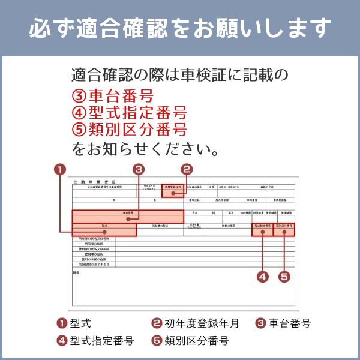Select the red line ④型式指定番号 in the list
(x=128, y=113)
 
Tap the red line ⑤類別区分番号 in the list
(x=128, y=130)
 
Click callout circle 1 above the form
(x=59, y=169)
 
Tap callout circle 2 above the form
(x=187, y=169)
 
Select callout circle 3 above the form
(x=139, y=169)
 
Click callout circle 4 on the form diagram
(x=262, y=277)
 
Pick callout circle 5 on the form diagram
(x=284, y=277)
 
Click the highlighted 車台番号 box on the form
(x=128, y=216)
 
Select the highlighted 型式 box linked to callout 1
(x=104, y=229)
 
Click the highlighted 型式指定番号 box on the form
(x=262, y=229)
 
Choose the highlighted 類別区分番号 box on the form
(x=284, y=229)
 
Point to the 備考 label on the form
(x=76, y=272)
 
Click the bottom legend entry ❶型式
(x=74, y=323)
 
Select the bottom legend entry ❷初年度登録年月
(x=195, y=323)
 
